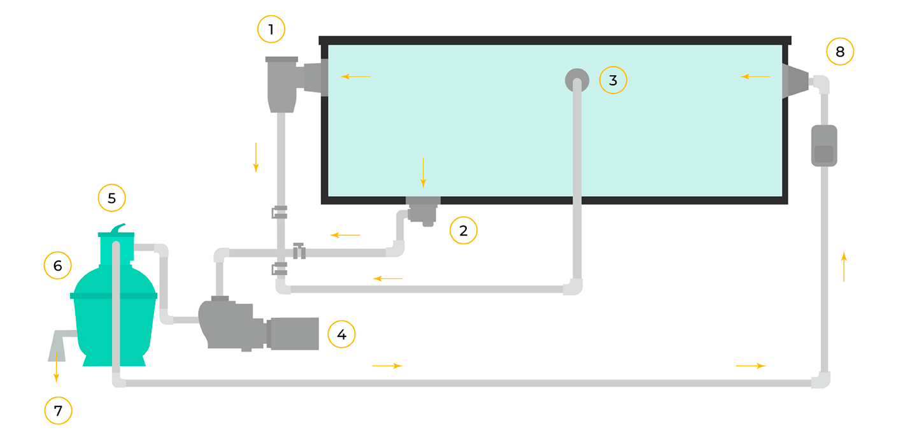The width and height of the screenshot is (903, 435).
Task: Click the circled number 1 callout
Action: tap(271, 29)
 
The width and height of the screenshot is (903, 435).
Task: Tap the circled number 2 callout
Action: tap(464, 231)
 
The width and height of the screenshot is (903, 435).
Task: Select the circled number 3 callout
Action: tap(613, 80)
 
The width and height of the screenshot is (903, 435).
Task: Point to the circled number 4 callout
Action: tap(341, 334)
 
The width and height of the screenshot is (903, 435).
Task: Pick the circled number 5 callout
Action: tap(111, 198)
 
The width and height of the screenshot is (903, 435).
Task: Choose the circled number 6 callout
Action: tap(57, 266)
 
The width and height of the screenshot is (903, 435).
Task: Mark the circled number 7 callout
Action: tap(58, 411)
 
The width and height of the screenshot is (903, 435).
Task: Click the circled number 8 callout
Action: tap(840, 52)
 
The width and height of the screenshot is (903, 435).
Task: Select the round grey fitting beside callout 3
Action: tap(576, 80)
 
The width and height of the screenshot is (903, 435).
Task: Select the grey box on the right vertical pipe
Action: tap(823, 146)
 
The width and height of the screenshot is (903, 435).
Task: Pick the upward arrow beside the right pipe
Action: tap(844, 266)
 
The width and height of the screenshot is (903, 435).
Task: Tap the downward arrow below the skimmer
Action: tap(256, 157)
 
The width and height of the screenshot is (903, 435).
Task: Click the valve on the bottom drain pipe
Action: tap(299, 251)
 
